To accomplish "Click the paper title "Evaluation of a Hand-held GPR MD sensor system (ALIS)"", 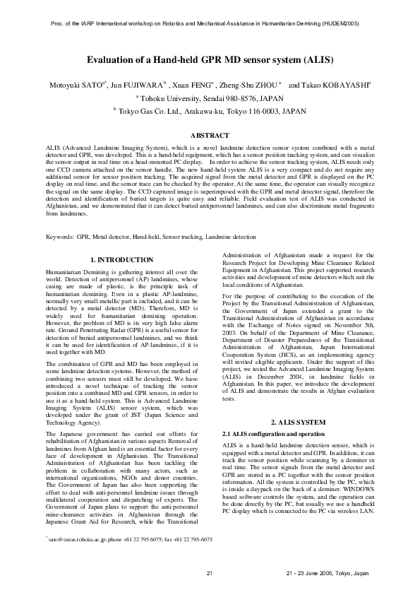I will point(210,61).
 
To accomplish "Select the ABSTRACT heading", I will point(210,135).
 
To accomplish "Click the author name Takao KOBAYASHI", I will point(340,86).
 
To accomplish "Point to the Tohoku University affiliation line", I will point(210,98).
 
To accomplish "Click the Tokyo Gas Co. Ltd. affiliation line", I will point(210,111).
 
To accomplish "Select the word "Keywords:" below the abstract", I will point(60,236).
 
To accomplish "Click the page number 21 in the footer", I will point(209,572).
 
